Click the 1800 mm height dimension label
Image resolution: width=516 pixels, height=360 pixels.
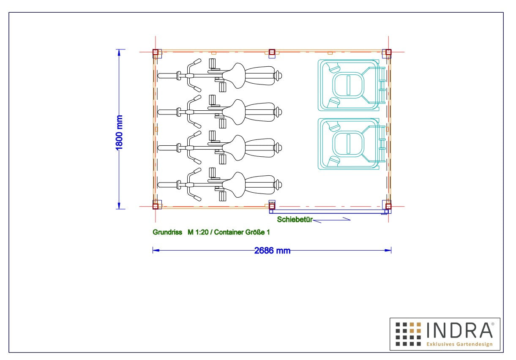[x=119, y=132]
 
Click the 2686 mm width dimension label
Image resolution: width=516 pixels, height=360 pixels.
[x=272, y=251]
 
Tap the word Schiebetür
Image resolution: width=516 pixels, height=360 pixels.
[x=295, y=219]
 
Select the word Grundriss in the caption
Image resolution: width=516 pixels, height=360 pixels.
[x=167, y=232]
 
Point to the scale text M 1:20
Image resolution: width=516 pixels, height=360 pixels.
[x=198, y=232]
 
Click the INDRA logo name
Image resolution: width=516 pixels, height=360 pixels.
[x=459, y=330]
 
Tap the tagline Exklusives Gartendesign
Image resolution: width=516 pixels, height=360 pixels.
[x=459, y=344]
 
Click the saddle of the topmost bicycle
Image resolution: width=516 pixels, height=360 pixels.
[x=234, y=76]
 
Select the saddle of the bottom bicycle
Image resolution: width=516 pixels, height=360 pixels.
[x=234, y=185]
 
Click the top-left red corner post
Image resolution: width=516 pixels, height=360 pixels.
[x=156, y=52]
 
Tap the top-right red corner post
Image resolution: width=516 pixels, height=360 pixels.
[x=388, y=52]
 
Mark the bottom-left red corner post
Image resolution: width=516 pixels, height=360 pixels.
[x=156, y=206]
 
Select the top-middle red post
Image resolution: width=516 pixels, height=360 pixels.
[x=272, y=52]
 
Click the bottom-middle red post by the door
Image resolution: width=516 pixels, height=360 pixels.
[x=272, y=206]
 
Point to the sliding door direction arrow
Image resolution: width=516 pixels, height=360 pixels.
[x=332, y=220]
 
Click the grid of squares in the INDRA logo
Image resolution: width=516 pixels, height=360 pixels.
[x=408, y=334]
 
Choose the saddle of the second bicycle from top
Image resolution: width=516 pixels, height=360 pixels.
[x=234, y=112]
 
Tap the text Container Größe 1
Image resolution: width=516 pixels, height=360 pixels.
[x=242, y=232]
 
